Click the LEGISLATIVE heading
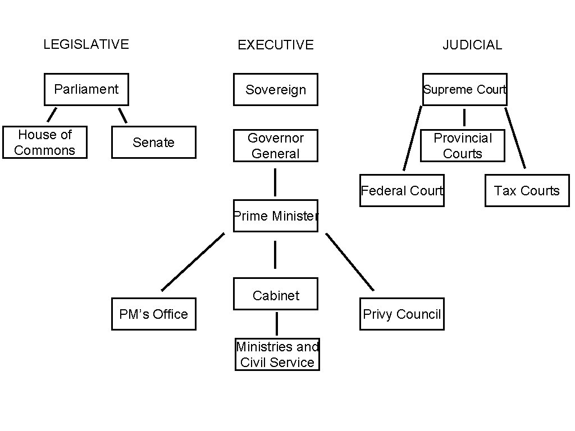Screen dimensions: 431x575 [86, 44]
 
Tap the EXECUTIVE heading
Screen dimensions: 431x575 [275, 45]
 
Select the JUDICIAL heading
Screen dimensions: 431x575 [472, 45]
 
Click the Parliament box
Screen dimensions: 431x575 [86, 89]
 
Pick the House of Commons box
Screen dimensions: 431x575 [45, 143]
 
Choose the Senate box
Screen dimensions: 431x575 [153, 143]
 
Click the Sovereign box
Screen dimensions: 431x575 [276, 90]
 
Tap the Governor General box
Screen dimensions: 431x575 [276, 146]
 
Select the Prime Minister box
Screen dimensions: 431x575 [276, 216]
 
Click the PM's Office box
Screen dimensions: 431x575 [153, 314]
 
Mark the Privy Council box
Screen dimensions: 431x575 [402, 314]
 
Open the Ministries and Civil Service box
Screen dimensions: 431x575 [277, 355]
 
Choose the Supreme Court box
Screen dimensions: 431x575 [465, 90]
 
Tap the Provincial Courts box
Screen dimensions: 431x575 [463, 146]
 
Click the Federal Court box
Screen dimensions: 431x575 [402, 191]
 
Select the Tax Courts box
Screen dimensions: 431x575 [527, 191]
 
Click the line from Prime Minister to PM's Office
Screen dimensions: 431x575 [193, 262]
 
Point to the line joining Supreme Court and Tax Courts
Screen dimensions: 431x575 [515, 138]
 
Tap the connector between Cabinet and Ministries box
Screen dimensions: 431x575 [276, 324]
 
